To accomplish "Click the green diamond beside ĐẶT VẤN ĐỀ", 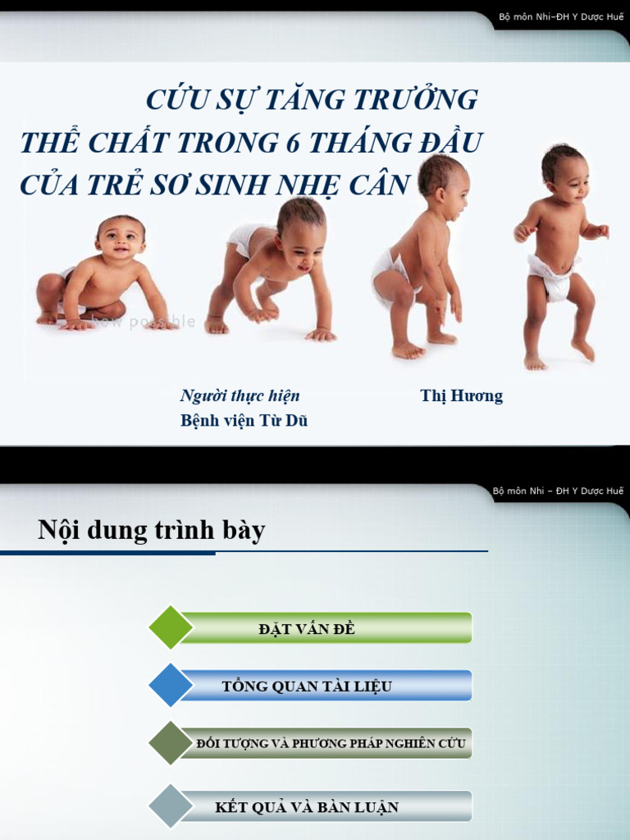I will pos(171,628).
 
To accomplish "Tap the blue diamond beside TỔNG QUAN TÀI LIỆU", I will pos(171,685).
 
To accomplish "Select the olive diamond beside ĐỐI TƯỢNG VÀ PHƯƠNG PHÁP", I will pos(171,743).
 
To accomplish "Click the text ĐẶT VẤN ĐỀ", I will pos(306,629).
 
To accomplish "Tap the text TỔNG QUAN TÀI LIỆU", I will pos(307,687).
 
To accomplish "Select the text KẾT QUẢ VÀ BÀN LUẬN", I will pos(307,807).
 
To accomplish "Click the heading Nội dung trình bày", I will pos(152,531).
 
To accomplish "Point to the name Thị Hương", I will pos(461,396).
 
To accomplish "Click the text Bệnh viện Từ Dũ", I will pos(244,421).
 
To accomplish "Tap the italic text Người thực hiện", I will pos(240,396).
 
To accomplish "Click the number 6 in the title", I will pos(294,143).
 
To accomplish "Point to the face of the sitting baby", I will pos(121,240).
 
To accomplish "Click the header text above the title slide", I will pos(561,17).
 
